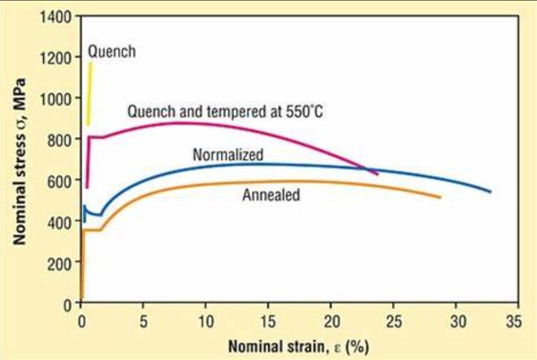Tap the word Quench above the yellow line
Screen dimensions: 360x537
tap(112, 52)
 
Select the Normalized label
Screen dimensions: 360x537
tap(228, 155)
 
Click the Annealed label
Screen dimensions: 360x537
tap(271, 196)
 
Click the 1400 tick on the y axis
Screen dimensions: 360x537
tap(54, 16)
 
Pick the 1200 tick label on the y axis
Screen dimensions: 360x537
tap(54, 57)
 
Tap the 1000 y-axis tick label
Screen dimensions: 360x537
tap(54, 98)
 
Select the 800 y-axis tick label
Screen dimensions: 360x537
tap(58, 139)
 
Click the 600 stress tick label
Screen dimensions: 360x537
tap(58, 180)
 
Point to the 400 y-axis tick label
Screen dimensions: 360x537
tap(58, 221)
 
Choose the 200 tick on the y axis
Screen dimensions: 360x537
tap(58, 263)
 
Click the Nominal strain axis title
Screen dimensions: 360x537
tap(299, 347)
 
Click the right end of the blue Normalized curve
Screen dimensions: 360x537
tap(489, 191)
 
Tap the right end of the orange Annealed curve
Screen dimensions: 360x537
tap(439, 197)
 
